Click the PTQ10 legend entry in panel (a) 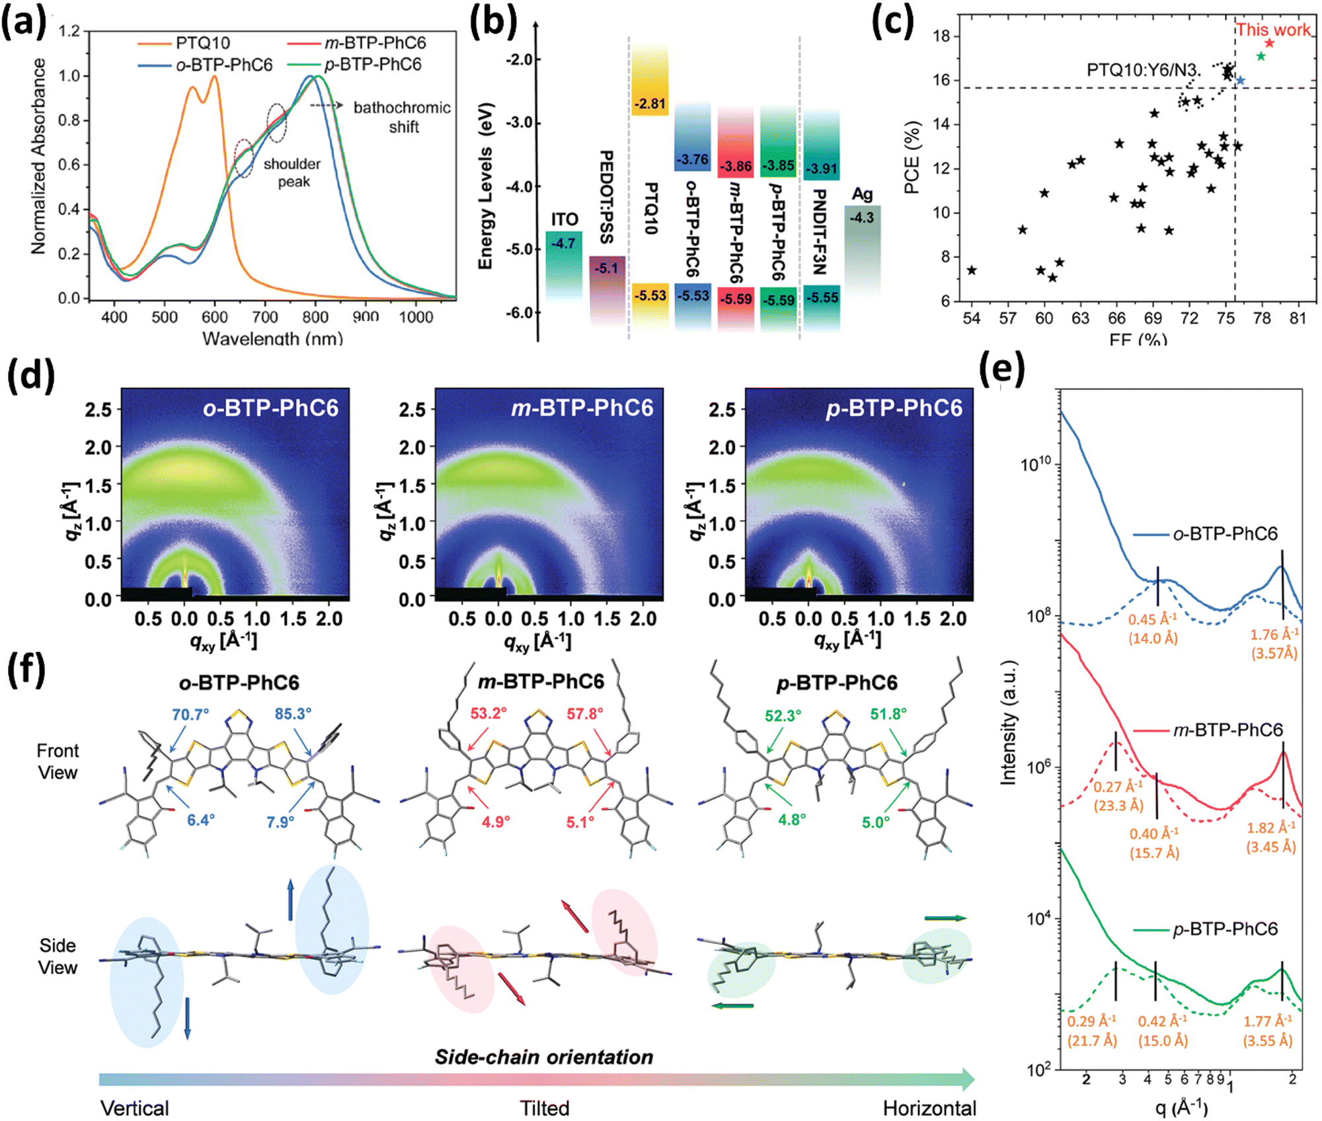(x=202, y=44)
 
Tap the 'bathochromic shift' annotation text (x=402, y=116)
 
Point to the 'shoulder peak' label (x=292, y=173)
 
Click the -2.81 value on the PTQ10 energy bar (x=650, y=104)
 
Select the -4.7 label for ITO (x=563, y=243)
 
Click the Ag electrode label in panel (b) (x=862, y=194)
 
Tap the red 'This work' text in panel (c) (x=1273, y=30)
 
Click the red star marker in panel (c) (x=1269, y=44)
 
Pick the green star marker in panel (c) (x=1261, y=57)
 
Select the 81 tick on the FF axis (x=1298, y=318)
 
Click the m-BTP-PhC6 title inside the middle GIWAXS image (x=582, y=408)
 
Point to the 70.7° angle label (x=190, y=715)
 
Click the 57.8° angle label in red (x=585, y=714)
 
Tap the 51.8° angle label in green (x=888, y=714)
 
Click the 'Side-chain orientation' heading (x=543, y=1057)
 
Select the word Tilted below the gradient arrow (x=544, y=1108)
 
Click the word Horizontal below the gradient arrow (x=929, y=1108)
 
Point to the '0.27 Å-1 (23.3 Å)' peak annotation (x=1118, y=795)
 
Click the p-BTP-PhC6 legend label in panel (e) (x=1225, y=929)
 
